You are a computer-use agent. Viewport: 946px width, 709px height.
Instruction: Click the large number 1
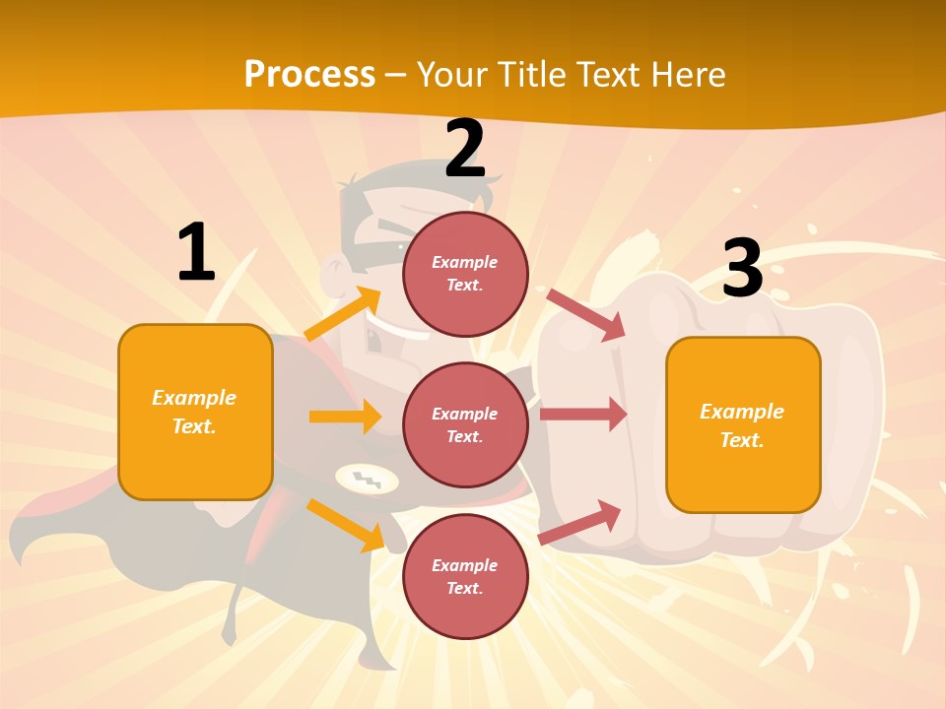(196, 253)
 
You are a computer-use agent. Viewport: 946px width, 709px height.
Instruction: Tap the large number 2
(465, 149)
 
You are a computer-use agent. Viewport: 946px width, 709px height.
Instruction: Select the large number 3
(742, 267)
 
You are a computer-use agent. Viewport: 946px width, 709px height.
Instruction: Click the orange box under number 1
(195, 412)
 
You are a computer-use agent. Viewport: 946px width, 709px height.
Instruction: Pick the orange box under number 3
(743, 424)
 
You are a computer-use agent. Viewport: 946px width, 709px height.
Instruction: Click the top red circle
(465, 273)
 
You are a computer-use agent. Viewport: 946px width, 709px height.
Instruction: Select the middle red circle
(465, 424)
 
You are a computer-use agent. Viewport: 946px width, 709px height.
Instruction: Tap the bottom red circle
(465, 576)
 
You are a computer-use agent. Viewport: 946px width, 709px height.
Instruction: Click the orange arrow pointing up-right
(342, 313)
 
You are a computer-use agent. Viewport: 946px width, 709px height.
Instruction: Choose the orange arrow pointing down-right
(345, 524)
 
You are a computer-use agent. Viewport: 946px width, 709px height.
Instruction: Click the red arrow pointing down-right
(586, 314)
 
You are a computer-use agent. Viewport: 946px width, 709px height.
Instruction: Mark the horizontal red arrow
(583, 415)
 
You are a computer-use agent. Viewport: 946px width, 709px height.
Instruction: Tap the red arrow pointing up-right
(580, 522)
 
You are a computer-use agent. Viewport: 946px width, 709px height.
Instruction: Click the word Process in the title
(309, 74)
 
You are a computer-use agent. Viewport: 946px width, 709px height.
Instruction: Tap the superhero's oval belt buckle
(367, 480)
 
